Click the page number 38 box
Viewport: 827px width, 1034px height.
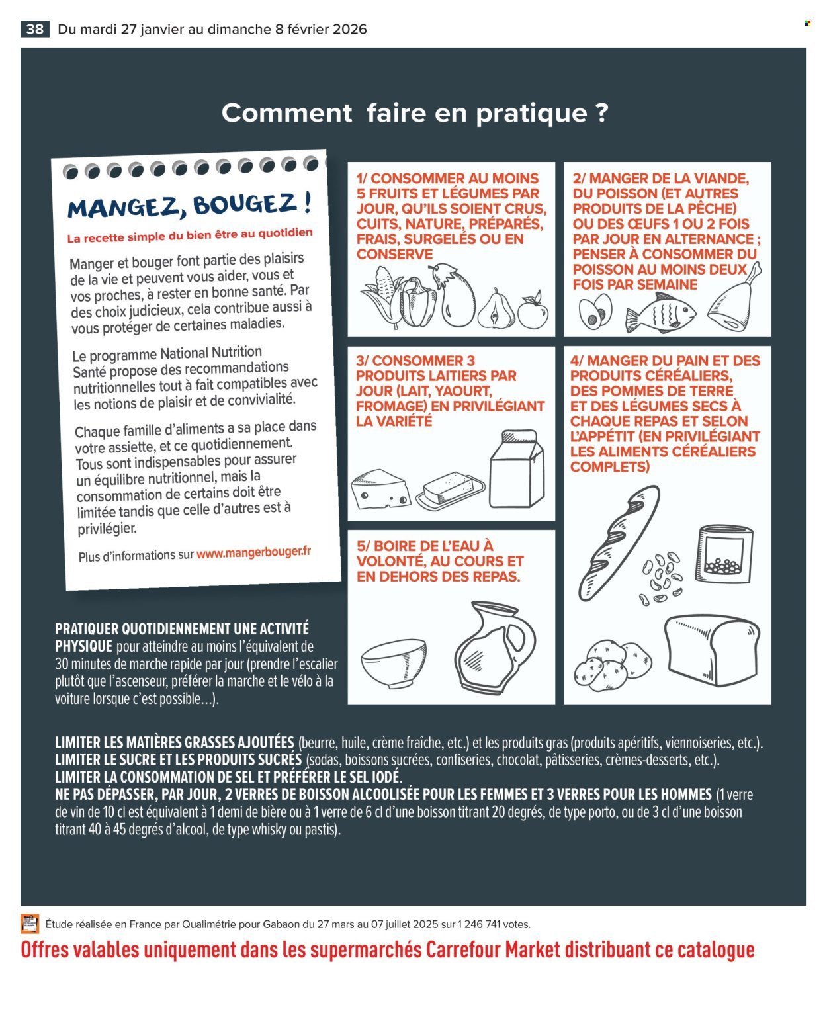[35, 29]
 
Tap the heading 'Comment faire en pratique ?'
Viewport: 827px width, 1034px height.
[414, 112]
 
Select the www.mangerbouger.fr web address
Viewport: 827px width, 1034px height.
[253, 552]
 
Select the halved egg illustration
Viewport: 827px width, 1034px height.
[595, 312]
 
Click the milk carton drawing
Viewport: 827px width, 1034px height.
[517, 469]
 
